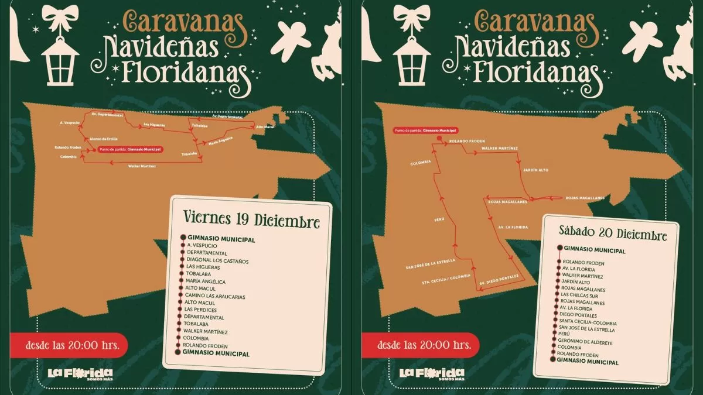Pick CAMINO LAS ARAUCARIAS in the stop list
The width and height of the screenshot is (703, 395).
coord(214,296)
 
